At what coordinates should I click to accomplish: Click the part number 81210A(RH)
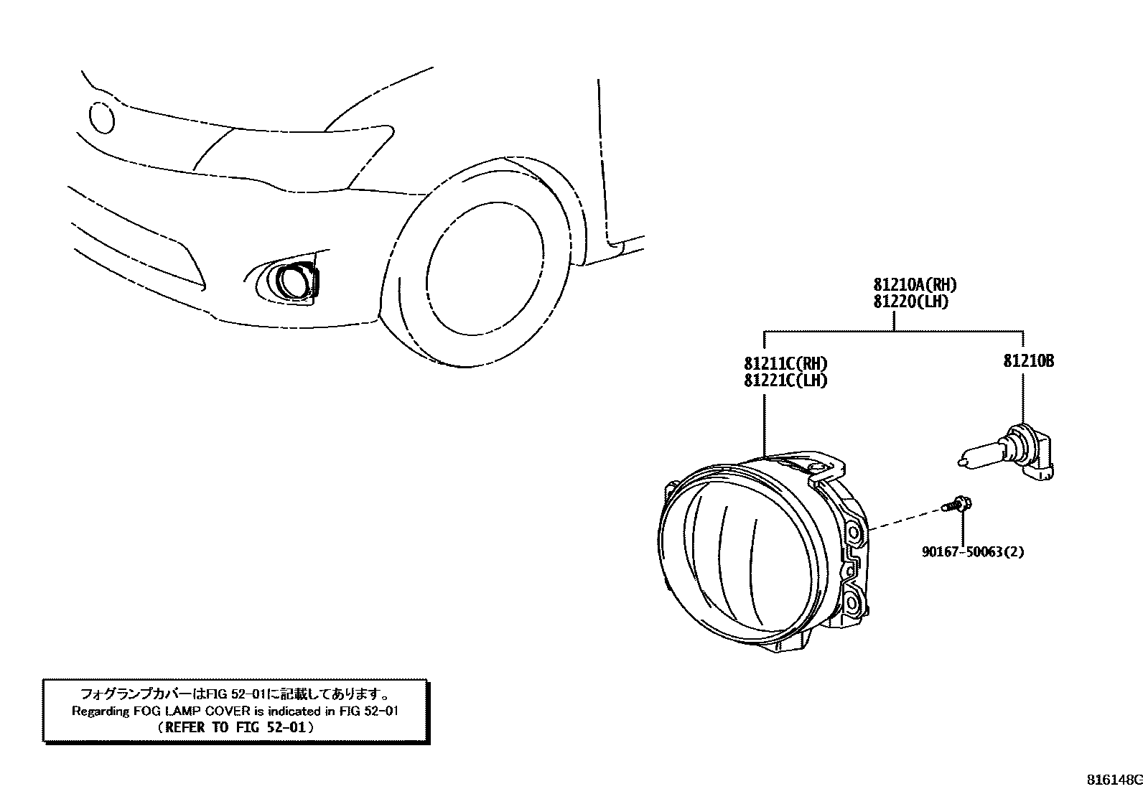coord(915,285)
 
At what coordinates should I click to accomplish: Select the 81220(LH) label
coord(910,302)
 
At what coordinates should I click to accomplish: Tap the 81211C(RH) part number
coord(785,363)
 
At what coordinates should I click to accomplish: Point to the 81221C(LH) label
coord(785,381)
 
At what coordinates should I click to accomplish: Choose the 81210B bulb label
coord(1028,361)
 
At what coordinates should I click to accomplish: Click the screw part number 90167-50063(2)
coord(973,552)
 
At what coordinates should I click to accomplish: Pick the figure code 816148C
coord(1113,780)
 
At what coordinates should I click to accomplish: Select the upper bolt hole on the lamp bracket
coord(854,533)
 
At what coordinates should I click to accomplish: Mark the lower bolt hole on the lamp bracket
coord(852,600)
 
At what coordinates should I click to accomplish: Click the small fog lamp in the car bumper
coord(291,281)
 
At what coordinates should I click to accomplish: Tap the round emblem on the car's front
coord(101,117)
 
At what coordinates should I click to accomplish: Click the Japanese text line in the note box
coord(235,694)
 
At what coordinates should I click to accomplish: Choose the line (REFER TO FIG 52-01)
coord(235,727)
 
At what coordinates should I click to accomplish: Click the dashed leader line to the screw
coord(905,520)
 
